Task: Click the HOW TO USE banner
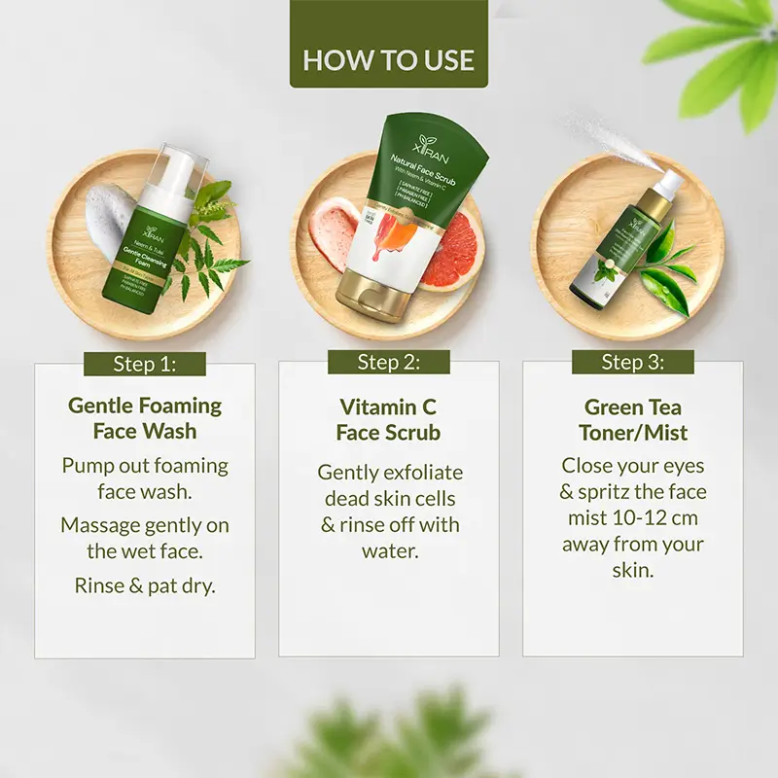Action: [x=388, y=59]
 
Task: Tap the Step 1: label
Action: [x=145, y=364]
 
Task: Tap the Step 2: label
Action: [x=388, y=363]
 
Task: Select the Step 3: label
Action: [x=632, y=363]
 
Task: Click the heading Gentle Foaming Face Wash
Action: [x=145, y=418]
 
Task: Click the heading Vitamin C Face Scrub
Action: [x=388, y=419]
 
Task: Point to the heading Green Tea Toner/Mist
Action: [x=632, y=419]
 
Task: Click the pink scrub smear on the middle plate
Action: [x=332, y=233]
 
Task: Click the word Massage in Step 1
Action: [x=98, y=525]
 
